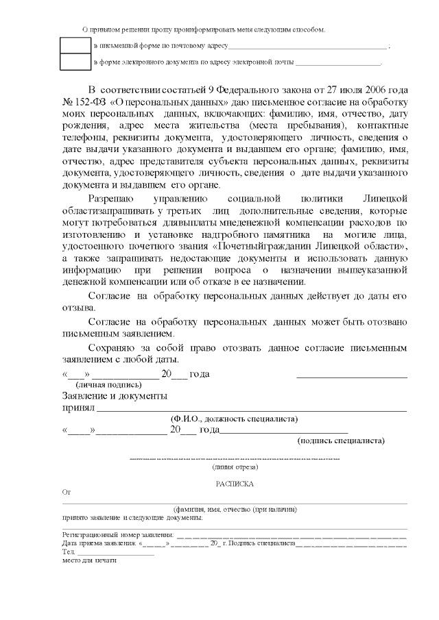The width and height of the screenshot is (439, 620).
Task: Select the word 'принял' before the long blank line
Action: pos(78,408)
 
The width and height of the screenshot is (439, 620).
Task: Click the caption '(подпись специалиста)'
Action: pos(340,441)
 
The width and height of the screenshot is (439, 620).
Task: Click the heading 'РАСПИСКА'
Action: pos(235,484)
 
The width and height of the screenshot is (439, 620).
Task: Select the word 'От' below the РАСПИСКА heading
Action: pos(67,493)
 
